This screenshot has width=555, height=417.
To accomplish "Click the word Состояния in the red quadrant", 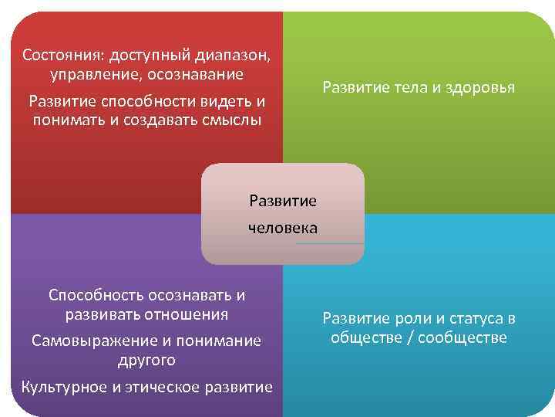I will tap(63, 56).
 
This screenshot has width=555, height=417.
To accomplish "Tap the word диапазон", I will tap(235, 56).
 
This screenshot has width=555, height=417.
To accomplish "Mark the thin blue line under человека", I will tap(329, 244).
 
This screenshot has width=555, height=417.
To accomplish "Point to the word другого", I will tap(146, 360).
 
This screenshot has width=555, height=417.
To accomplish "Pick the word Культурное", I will tap(65, 387).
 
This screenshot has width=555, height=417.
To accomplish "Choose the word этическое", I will tap(163, 387).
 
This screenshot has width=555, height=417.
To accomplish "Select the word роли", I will tap(411, 318).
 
